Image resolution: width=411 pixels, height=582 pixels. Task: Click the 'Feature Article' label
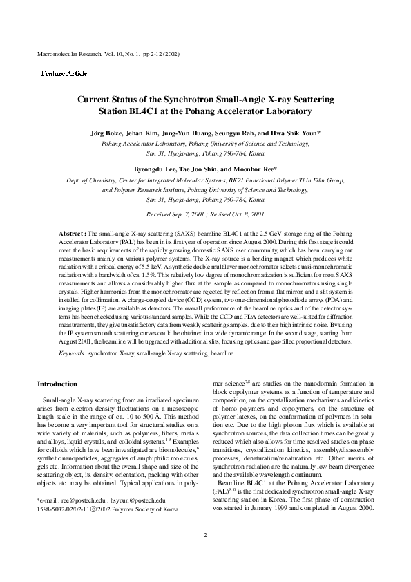pyautogui.click(x=64, y=73)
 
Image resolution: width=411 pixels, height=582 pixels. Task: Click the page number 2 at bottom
pyautogui.click(x=205, y=555)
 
